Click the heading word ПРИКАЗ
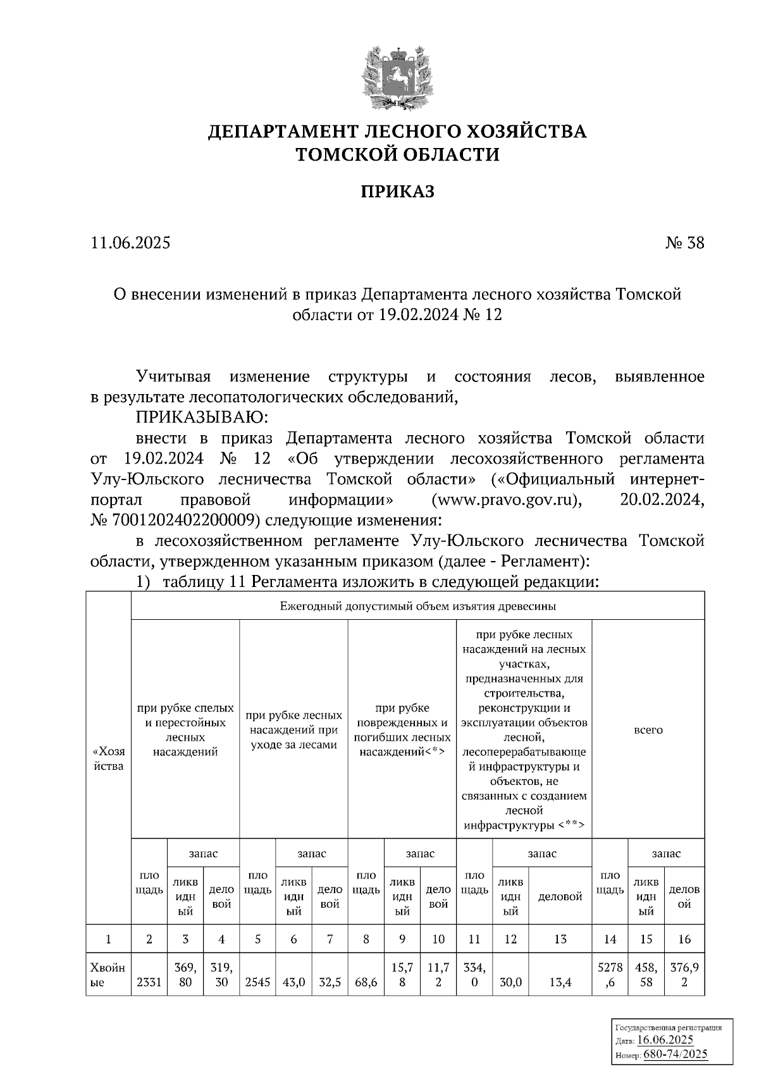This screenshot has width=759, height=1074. (x=397, y=192)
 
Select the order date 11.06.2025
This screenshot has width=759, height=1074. (x=130, y=243)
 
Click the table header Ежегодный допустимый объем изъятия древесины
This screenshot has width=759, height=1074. (x=417, y=606)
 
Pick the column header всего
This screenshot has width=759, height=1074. (x=648, y=729)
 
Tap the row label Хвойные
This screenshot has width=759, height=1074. (x=108, y=975)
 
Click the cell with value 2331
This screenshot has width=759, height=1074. (x=149, y=983)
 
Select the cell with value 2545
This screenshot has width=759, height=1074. (x=257, y=983)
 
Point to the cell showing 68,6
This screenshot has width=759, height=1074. (x=366, y=983)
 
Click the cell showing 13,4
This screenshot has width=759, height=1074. (x=560, y=983)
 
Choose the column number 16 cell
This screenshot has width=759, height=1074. (x=684, y=939)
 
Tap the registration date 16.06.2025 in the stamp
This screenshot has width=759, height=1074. (x=665, y=1040)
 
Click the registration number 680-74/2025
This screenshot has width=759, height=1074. (x=675, y=1054)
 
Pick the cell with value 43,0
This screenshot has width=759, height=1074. (x=293, y=983)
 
